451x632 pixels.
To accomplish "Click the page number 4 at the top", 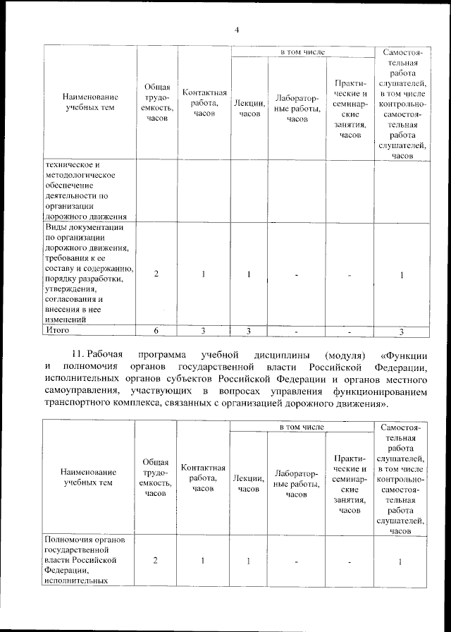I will pyautogui.click(x=237, y=30).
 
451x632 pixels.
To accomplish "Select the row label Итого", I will pyautogui.click(x=58, y=329).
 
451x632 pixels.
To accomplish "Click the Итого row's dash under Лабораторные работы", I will pyautogui.click(x=297, y=330).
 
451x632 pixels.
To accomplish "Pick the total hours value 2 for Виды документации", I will pyautogui.click(x=155, y=274).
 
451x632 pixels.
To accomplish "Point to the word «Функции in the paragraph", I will pyautogui.click(x=407, y=353).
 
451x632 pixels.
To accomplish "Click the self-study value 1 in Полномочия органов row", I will pyautogui.click(x=400, y=561).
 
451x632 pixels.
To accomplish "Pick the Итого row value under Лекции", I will pyautogui.click(x=249, y=330).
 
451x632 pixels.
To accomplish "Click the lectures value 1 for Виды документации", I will pyautogui.click(x=249, y=274).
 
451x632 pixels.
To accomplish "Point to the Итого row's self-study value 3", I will pyautogui.click(x=400, y=331).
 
